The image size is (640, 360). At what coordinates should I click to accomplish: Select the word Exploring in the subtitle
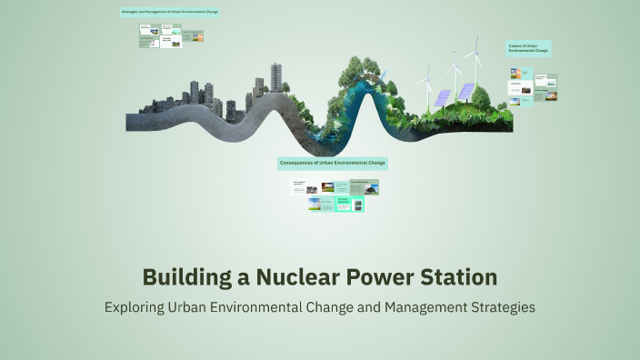135,307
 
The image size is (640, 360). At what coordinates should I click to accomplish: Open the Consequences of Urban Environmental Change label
333,164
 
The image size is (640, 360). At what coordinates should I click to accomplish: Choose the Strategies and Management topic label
170,13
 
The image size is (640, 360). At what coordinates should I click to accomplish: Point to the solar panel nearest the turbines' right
465,92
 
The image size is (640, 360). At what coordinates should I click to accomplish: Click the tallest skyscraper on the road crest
275,77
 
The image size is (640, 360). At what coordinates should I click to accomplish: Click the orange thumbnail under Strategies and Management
194,36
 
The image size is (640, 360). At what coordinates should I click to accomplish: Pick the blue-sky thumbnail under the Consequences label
315,203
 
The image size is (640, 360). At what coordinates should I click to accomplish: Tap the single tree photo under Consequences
327,187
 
